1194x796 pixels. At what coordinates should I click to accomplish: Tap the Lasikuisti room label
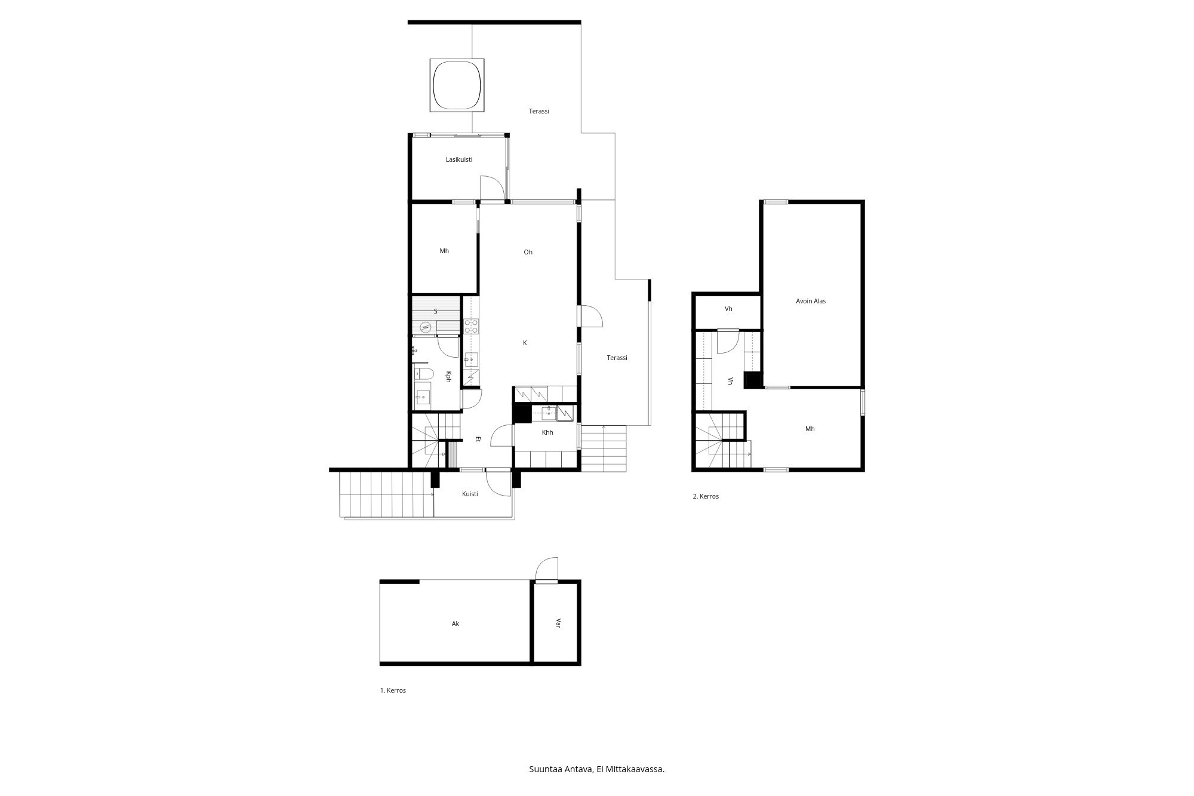459,159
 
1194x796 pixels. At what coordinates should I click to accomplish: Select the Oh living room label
528,252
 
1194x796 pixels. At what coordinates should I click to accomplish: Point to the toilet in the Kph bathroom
425,374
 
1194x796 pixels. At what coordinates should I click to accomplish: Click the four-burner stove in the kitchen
471,326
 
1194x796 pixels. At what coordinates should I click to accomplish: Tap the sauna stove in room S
424,327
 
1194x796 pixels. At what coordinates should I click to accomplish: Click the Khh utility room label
547,432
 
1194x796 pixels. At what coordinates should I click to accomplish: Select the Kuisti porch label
470,494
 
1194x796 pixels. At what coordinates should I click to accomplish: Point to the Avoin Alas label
811,301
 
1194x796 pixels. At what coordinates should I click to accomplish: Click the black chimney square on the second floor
753,380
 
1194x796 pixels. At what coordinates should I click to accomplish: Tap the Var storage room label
559,623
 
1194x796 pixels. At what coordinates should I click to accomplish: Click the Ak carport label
456,623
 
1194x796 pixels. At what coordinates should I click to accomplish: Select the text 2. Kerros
706,496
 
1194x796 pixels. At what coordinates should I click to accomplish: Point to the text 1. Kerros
393,690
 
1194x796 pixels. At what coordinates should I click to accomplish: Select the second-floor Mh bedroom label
810,429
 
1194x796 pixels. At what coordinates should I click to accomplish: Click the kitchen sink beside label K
471,359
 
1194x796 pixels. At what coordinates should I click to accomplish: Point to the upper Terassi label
538,111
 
